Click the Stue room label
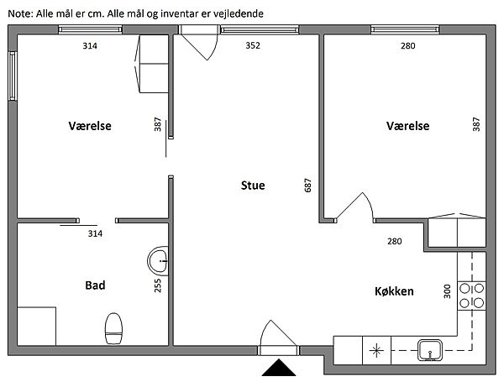253,186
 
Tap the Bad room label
95,285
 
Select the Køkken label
394,291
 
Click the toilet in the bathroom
113,328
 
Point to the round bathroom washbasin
158,261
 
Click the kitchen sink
430,350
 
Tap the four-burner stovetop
471,296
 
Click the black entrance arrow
279,368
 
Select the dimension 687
307,186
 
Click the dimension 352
253,45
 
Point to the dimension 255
158,285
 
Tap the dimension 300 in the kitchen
447,291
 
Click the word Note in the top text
19,13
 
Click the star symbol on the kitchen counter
376,350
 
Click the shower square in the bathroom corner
36,326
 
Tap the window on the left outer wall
13,76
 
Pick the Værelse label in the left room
90,126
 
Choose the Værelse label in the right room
408,126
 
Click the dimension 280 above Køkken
395,241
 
